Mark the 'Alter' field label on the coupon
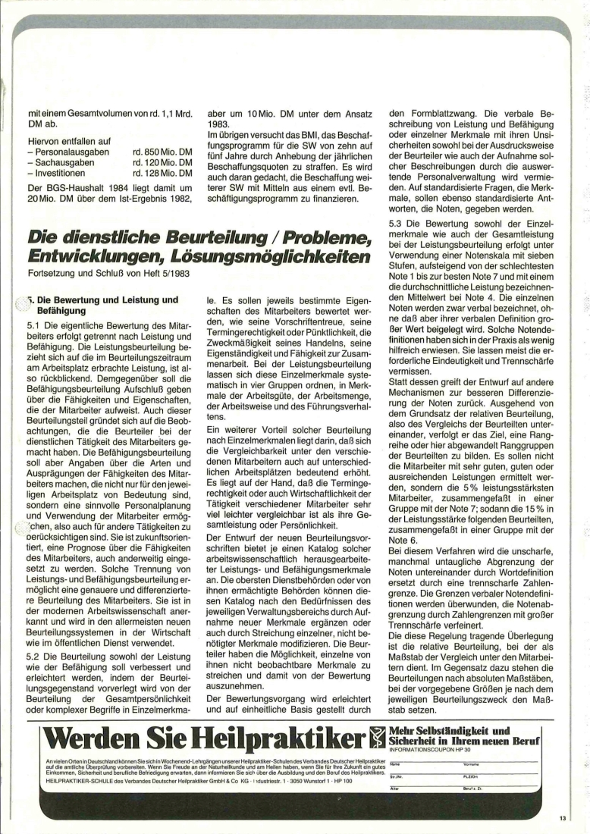point(394,789)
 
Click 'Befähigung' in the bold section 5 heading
point(61,310)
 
